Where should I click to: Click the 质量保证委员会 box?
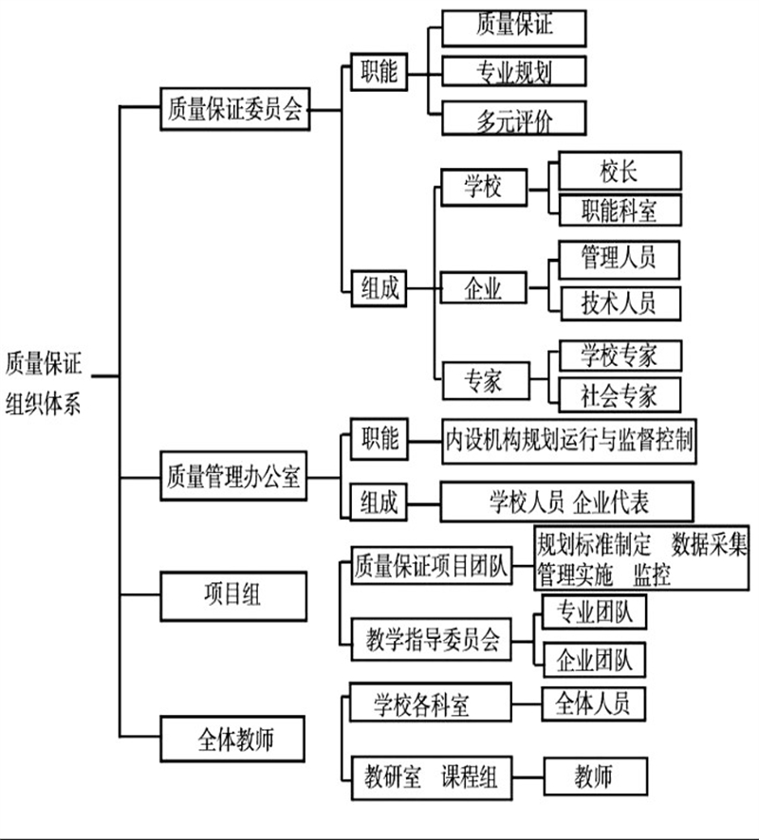click(x=235, y=109)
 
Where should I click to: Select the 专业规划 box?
click(x=514, y=71)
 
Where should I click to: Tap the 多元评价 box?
click(x=514, y=118)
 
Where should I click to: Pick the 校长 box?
click(x=620, y=171)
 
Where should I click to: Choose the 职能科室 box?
click(x=620, y=210)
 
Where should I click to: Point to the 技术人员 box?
click(x=620, y=303)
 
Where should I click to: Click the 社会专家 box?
click(x=620, y=394)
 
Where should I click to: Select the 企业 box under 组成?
click(x=484, y=287)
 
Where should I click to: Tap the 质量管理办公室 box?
click(x=233, y=476)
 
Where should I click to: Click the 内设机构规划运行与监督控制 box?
click(x=568, y=442)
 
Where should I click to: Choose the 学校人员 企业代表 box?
click(x=566, y=502)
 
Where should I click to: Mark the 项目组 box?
click(x=233, y=596)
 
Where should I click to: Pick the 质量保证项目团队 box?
click(x=432, y=565)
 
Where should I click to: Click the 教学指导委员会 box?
click(x=432, y=639)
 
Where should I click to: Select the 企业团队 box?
click(x=594, y=660)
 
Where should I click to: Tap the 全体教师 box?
click(x=232, y=740)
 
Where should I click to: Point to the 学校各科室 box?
click(x=431, y=703)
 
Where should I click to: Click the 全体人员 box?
click(x=593, y=703)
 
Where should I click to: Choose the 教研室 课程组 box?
click(x=432, y=777)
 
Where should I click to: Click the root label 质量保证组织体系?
click(x=44, y=383)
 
